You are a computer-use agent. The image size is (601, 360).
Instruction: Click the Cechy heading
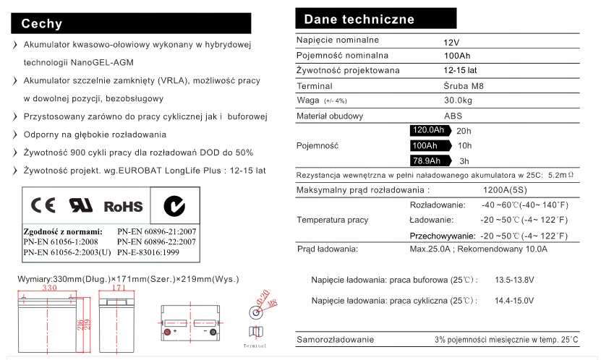pyautogui.click(x=42, y=24)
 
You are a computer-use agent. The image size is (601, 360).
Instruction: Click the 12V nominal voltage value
pyautogui.click(x=451, y=42)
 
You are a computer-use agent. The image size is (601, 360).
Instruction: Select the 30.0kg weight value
pyautogui.click(x=458, y=100)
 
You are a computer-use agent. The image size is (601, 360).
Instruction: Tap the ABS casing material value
pyautogui.click(x=453, y=116)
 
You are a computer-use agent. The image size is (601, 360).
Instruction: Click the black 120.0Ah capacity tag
pyautogui.click(x=428, y=131)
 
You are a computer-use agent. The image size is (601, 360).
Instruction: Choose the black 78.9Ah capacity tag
pyautogui.click(x=426, y=160)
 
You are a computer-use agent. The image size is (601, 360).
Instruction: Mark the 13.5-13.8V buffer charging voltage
pyautogui.click(x=514, y=280)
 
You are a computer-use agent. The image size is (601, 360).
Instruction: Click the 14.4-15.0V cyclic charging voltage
pyautogui.click(x=514, y=300)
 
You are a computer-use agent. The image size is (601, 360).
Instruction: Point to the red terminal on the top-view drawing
pyautogui.click(x=169, y=332)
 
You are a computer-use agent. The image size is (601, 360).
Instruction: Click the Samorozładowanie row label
pyautogui.click(x=335, y=340)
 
